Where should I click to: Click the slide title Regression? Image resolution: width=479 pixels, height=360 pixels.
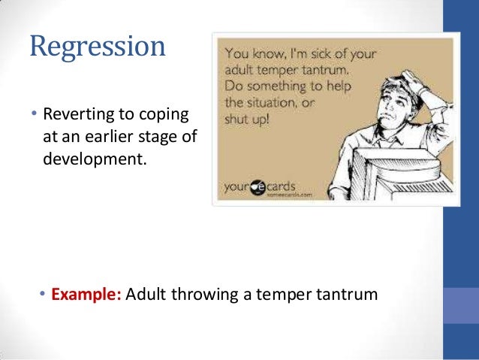click(x=97, y=47)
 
